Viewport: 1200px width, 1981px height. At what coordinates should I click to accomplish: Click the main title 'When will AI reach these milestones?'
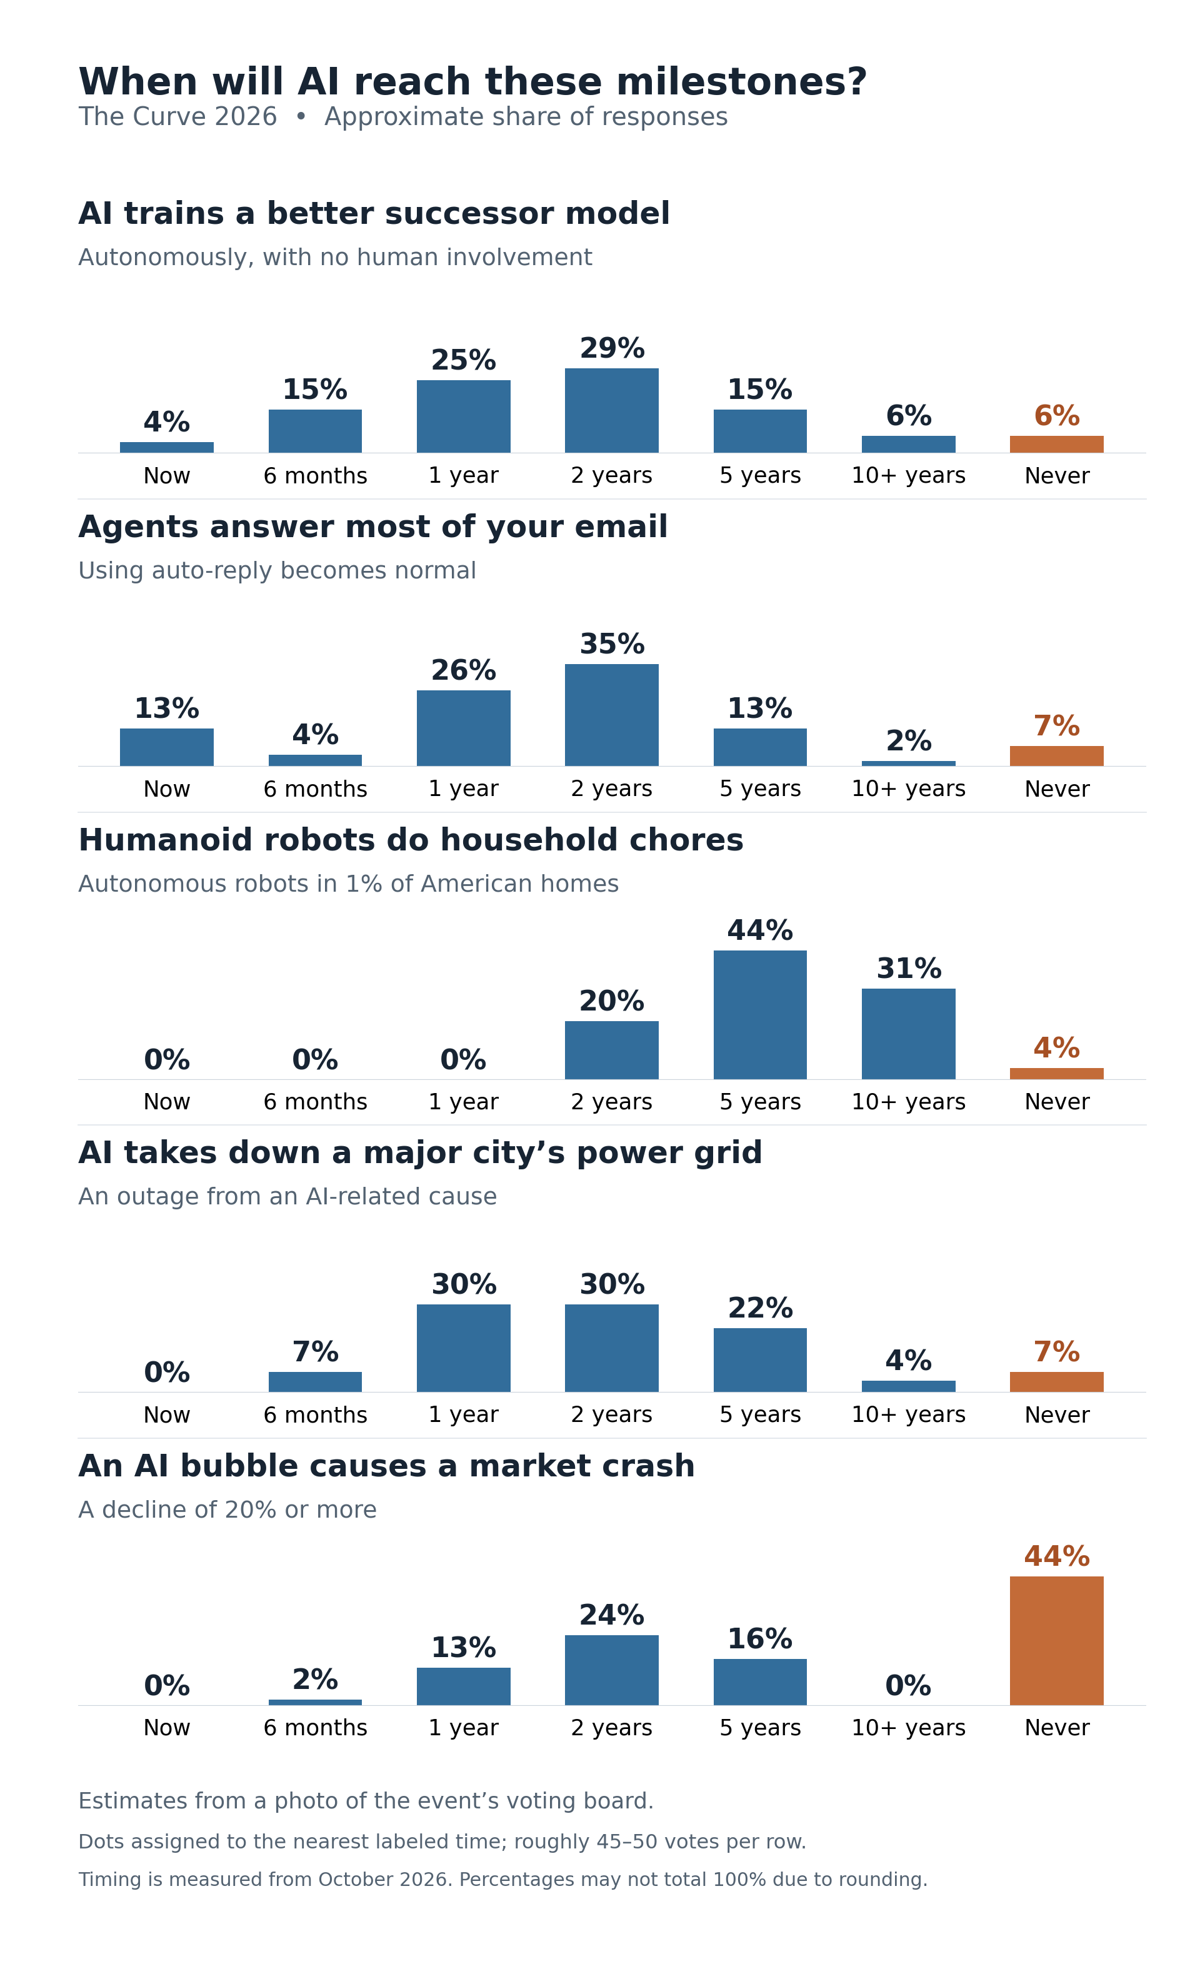(472, 82)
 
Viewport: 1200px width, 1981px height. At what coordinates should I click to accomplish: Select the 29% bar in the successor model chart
(612, 410)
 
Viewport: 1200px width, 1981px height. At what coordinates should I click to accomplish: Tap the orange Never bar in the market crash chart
(1056, 1640)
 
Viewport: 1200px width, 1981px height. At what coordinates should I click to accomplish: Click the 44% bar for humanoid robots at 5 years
(759, 1015)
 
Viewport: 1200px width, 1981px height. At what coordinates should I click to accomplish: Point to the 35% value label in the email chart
(612, 644)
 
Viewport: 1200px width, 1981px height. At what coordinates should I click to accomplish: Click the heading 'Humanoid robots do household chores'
(411, 840)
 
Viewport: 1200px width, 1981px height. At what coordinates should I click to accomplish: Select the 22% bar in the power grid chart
(759, 1359)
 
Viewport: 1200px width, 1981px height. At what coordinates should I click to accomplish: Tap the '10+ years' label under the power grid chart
(908, 1415)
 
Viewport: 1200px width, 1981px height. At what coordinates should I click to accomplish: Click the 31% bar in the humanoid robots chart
(908, 1034)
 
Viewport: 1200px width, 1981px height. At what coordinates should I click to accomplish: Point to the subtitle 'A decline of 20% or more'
(227, 1510)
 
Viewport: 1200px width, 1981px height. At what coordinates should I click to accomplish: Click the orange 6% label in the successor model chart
(1056, 416)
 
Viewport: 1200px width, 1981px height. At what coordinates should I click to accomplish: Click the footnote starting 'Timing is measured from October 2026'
(503, 1880)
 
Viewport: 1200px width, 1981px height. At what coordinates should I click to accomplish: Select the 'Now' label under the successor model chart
(166, 476)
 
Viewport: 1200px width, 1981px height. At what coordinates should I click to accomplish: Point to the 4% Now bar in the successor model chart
(166, 447)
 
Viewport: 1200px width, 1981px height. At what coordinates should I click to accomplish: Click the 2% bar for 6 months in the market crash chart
(315, 1702)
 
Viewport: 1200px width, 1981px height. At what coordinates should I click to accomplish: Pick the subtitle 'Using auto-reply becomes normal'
(277, 571)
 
